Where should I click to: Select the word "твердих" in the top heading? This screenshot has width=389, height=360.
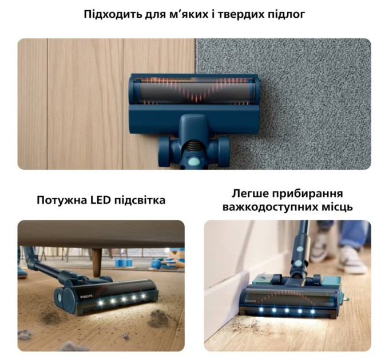tap(232, 14)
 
